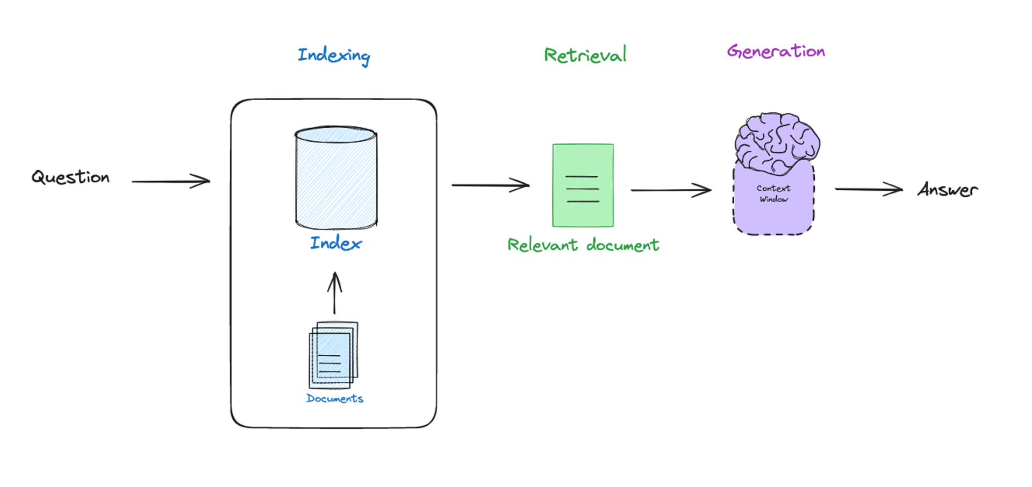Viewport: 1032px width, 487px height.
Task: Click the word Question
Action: (x=70, y=177)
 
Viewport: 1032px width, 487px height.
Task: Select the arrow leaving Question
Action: (x=170, y=182)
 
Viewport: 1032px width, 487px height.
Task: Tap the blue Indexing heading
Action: (x=334, y=55)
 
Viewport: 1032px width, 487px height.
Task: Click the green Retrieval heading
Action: (x=585, y=55)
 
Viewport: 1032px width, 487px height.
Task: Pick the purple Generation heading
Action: (x=776, y=52)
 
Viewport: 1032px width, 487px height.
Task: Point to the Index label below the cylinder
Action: (x=336, y=243)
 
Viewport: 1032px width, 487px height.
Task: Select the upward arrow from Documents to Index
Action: (x=334, y=293)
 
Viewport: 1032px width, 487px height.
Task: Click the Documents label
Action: (x=334, y=398)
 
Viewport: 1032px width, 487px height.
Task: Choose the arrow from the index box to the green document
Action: (x=490, y=185)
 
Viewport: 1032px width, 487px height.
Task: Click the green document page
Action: (x=583, y=185)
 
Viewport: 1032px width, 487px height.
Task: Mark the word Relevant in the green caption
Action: (x=543, y=245)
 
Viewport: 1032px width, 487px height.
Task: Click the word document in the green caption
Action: (x=622, y=245)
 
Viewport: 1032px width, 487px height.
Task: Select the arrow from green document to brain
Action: (x=671, y=190)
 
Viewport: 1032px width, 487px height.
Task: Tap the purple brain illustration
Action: (x=777, y=142)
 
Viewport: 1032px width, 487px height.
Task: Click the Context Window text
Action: (x=773, y=194)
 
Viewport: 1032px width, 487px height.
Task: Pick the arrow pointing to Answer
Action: (x=868, y=189)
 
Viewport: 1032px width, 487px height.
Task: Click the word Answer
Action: (x=948, y=190)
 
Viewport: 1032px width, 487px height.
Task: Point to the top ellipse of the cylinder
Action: (x=336, y=134)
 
